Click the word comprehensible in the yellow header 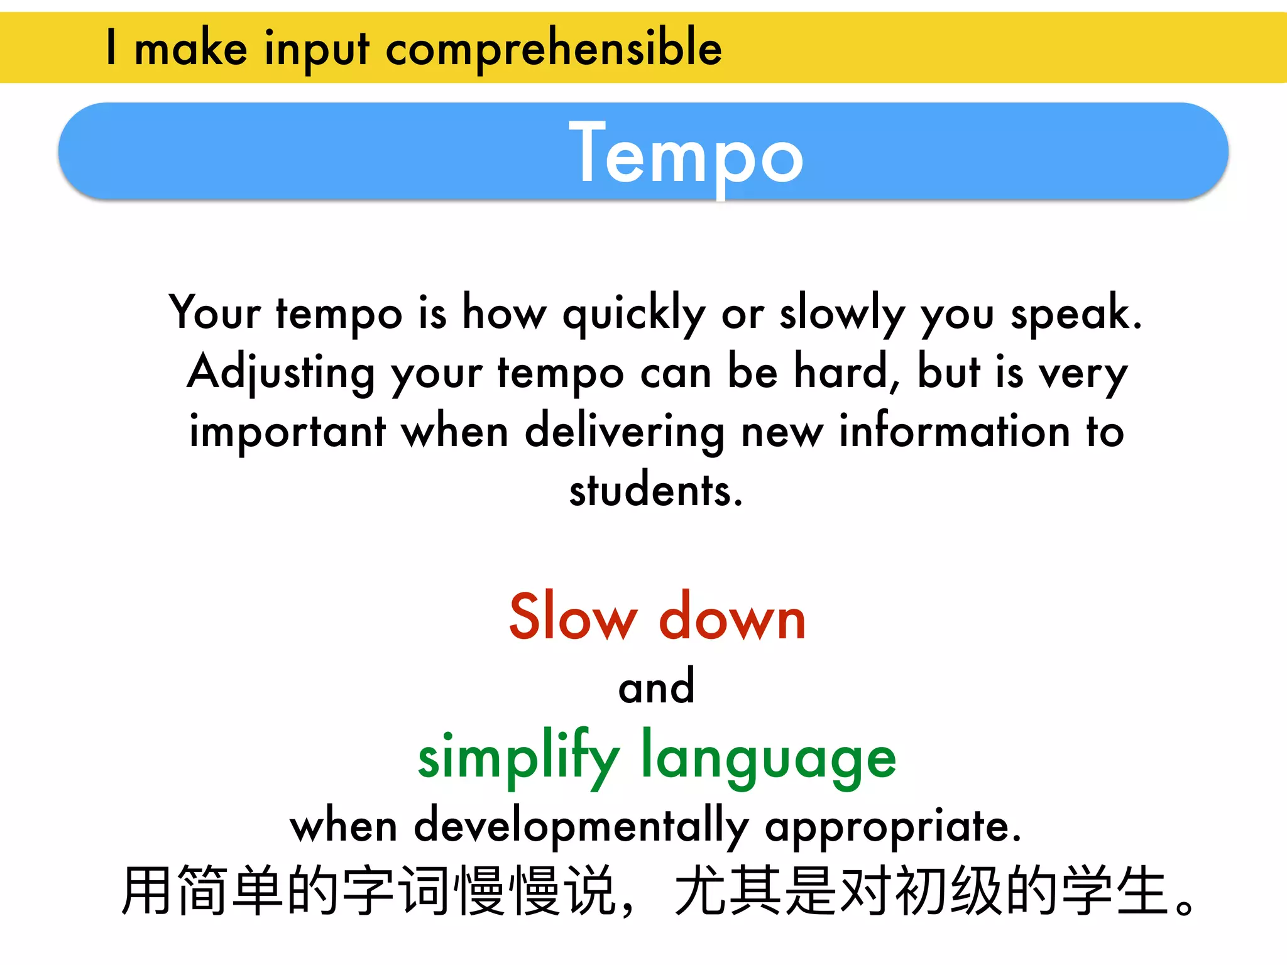click(554, 49)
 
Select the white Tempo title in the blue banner click(686, 155)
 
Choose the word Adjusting click(281, 373)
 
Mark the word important click(288, 432)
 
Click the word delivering click(625, 432)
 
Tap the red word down click(732, 617)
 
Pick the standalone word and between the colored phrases click(657, 687)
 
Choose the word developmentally click(581, 826)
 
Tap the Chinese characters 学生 click(1115, 891)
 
